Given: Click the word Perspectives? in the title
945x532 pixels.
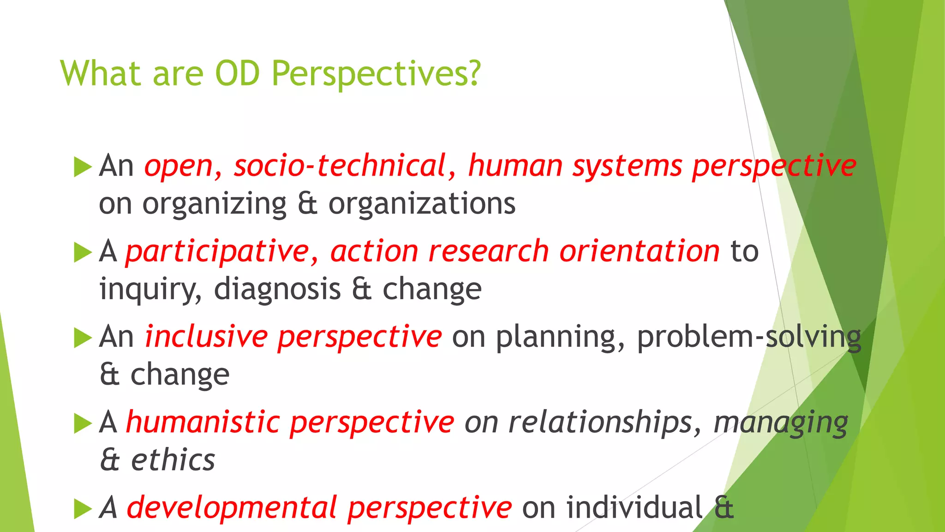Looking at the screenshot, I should point(376,74).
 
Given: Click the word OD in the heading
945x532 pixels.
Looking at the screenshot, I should point(238,74).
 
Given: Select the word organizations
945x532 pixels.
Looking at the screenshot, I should point(422,204).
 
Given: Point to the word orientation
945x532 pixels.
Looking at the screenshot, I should point(639,251).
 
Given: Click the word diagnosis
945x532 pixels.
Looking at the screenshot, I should point(277,289).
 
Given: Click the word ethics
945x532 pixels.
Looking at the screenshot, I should point(173,460).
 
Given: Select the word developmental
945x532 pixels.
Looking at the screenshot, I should point(232,508).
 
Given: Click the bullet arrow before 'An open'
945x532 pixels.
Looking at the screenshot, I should point(83,167).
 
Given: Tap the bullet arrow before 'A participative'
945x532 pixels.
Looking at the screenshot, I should point(83,252).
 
